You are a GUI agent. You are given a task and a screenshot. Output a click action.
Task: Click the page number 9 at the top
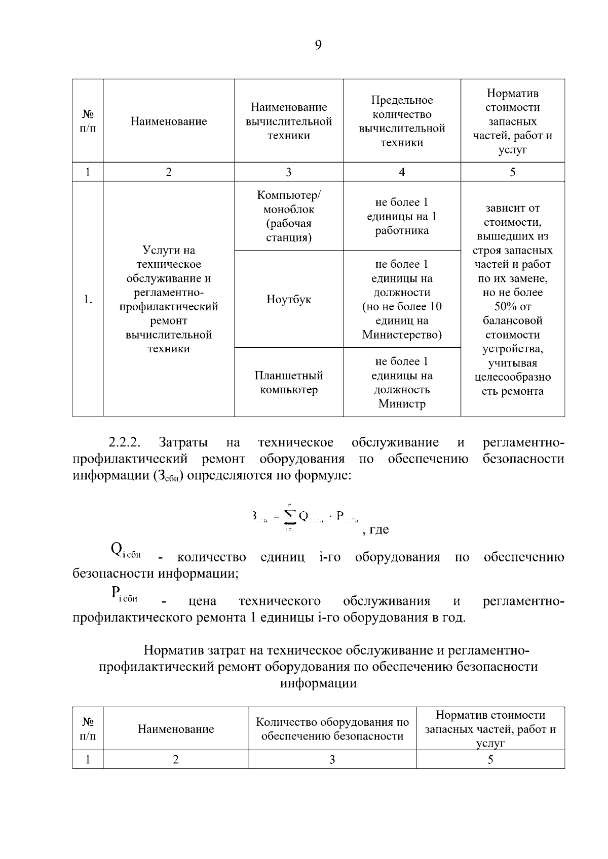tap(318, 46)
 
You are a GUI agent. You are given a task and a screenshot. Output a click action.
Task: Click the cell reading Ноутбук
tap(289, 299)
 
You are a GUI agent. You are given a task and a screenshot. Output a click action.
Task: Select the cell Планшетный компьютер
tap(289, 383)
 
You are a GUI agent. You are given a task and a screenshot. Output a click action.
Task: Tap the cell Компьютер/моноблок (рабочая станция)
tap(289, 216)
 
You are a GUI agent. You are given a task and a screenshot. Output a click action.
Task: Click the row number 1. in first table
tap(88, 299)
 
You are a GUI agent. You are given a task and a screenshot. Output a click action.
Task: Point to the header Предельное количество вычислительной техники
tap(402, 121)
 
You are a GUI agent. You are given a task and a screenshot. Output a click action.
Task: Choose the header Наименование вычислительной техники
tap(289, 121)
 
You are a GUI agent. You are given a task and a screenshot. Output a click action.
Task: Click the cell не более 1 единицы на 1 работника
tap(402, 216)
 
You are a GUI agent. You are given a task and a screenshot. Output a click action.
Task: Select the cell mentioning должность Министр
tap(402, 383)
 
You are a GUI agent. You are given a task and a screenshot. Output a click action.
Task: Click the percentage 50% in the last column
tap(512, 307)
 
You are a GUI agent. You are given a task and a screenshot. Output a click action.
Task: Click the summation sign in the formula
tap(290, 516)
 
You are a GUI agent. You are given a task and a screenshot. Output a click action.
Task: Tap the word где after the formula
tap(379, 529)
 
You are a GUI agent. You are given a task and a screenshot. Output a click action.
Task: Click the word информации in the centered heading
tap(318, 683)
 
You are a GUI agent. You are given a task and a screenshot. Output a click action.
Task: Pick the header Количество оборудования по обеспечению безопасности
tap(332, 729)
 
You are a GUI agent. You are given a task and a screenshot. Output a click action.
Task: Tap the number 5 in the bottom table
tap(490, 759)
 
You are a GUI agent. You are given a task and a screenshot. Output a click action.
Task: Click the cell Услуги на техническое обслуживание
tap(169, 299)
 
